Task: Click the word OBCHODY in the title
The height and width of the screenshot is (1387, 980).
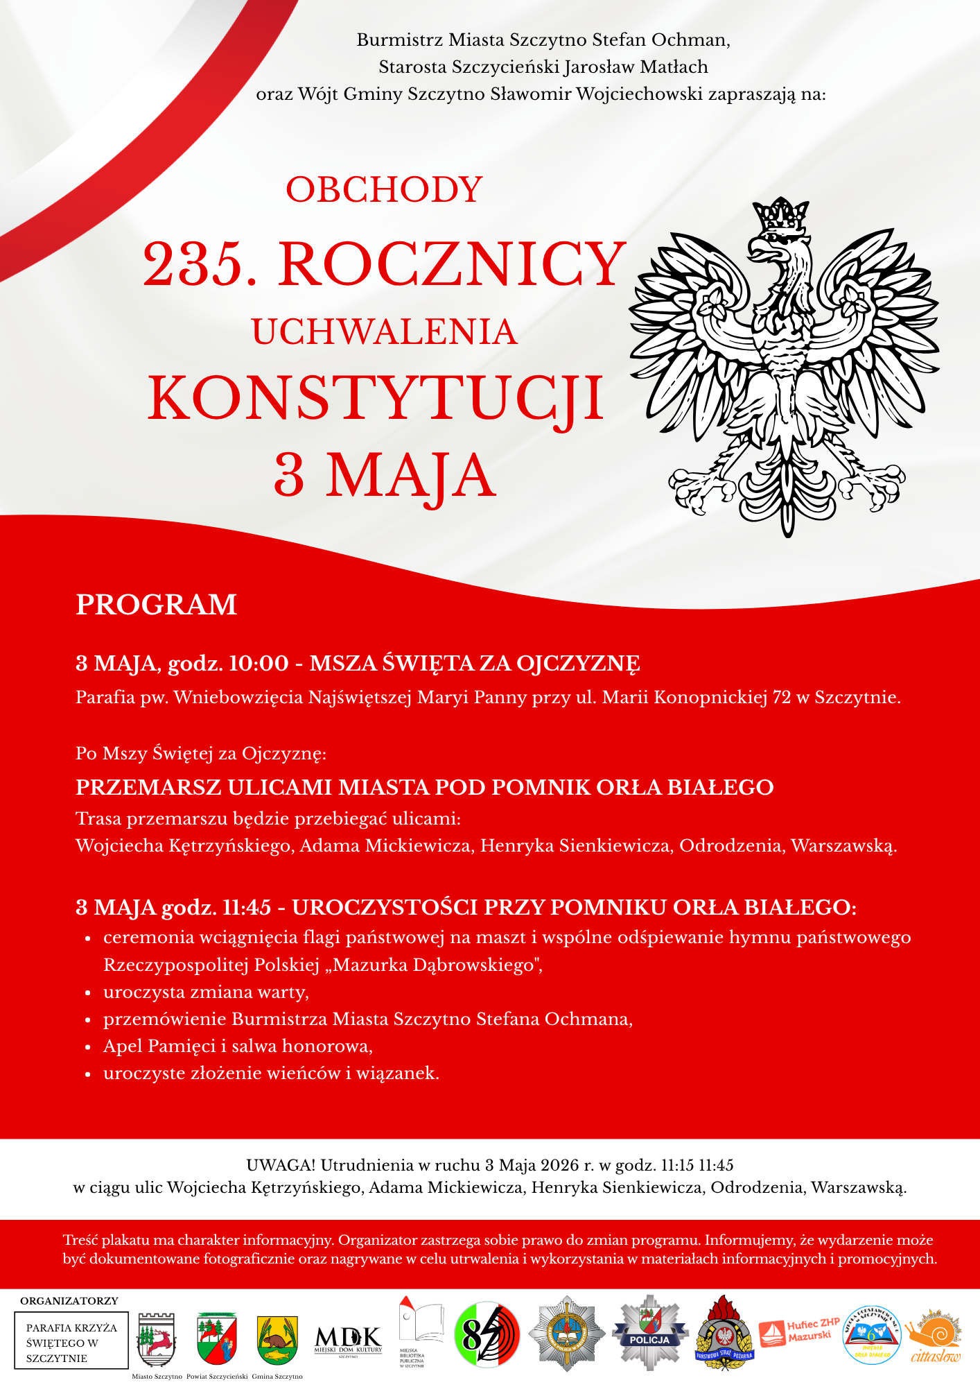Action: point(384,190)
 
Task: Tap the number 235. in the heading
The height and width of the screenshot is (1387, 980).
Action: point(200,264)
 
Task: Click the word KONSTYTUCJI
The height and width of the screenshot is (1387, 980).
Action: point(376,399)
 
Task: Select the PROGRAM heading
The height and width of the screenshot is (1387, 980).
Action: point(156,605)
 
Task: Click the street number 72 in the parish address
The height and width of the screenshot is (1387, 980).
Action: point(781,697)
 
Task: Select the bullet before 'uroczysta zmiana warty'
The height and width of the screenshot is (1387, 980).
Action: point(88,993)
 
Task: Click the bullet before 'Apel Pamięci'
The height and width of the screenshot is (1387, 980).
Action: point(88,1047)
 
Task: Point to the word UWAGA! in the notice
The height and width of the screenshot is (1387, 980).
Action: point(281,1165)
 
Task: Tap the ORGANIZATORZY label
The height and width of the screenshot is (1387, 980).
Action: point(69,1301)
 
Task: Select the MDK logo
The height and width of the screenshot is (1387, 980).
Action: point(348,1339)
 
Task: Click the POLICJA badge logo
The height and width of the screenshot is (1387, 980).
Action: point(649,1333)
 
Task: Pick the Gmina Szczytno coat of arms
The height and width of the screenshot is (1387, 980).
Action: point(277,1340)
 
